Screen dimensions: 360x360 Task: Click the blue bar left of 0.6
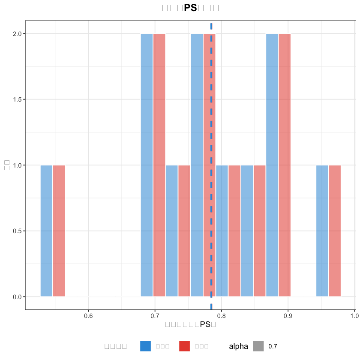pos(46,231)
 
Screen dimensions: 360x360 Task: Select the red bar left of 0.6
pos(59,231)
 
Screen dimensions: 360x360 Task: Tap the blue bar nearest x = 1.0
pos(322,231)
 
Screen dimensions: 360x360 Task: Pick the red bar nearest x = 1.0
pos(335,231)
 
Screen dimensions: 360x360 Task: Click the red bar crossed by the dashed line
pos(207,165)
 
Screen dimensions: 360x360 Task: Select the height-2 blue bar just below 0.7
pos(147,165)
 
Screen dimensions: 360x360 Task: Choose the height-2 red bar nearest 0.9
pos(285,165)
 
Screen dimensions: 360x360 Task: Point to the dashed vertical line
pos(211,129)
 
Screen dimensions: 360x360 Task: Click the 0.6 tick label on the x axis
pos(88,316)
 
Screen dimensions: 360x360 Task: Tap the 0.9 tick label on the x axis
pos(288,316)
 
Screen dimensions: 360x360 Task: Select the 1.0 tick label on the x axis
pos(354,316)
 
